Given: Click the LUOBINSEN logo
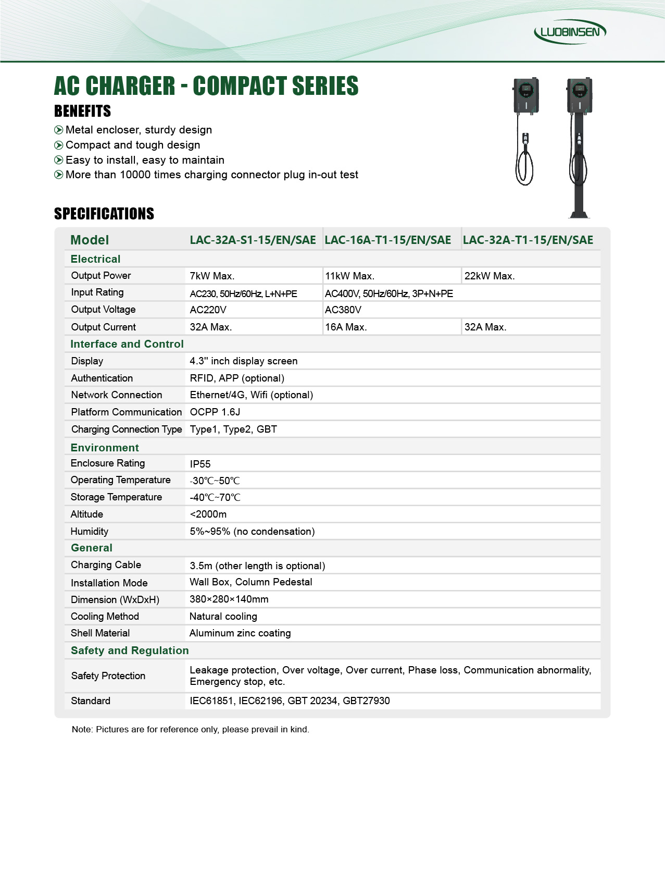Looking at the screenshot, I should pyautogui.click(x=570, y=32).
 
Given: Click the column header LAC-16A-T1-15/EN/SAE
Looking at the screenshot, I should pyautogui.click(x=387, y=240).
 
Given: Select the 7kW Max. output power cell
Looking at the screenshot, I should pyautogui.click(x=212, y=276).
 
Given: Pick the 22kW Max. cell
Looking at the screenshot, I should pyautogui.click(x=489, y=276).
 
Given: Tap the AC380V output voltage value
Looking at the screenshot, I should pyautogui.click(x=343, y=310).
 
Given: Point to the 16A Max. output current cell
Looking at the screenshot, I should pyautogui.click(x=346, y=327).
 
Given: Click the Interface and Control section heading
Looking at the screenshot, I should pyautogui.click(x=127, y=344).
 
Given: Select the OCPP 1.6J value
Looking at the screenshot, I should pyautogui.click(x=215, y=412).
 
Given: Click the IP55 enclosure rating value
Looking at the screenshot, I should pyautogui.click(x=200, y=464).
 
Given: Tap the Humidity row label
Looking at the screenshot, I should pyautogui.click(x=89, y=531).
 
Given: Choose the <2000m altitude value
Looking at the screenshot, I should pyautogui.click(x=208, y=514).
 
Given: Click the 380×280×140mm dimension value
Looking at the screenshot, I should pyautogui.click(x=229, y=599).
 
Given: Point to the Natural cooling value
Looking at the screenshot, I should pyautogui.click(x=223, y=616).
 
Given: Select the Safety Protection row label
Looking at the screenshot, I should pyautogui.click(x=108, y=676).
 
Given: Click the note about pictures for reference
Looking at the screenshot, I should pyautogui.click(x=190, y=729).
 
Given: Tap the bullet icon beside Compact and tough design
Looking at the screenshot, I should pyautogui.click(x=59, y=145).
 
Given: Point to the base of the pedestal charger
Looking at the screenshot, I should pyautogui.click(x=579, y=213).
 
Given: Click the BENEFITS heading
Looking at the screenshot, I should pyautogui.click(x=82, y=111).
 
